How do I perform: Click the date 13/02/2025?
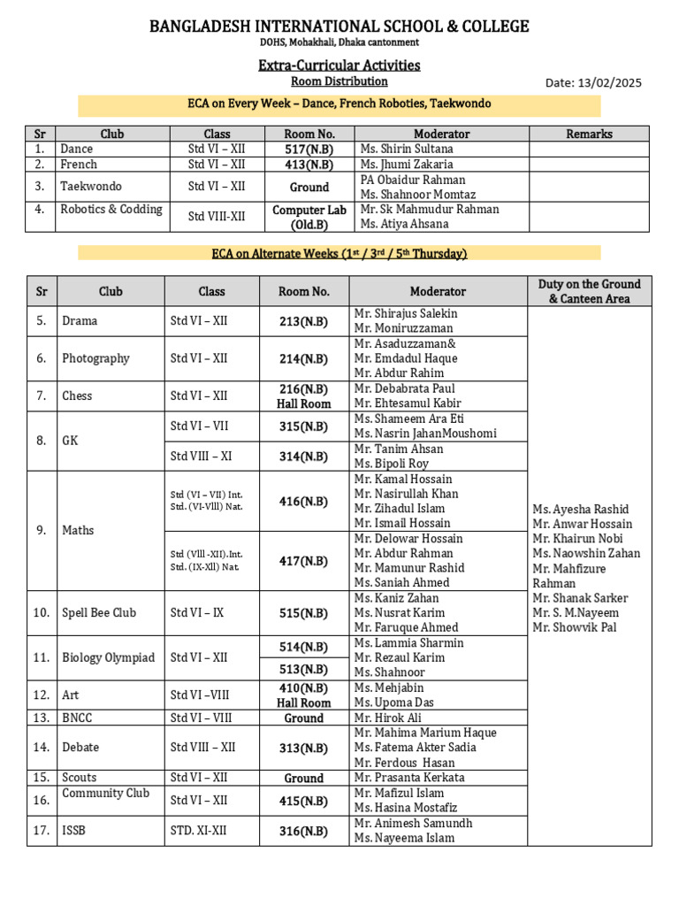pos(610,83)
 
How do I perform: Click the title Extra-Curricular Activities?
pos(339,65)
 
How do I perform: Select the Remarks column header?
pos(589,134)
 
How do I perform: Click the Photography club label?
pos(95,358)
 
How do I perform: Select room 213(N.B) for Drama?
pos(303,321)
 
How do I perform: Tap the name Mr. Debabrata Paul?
pos(404,388)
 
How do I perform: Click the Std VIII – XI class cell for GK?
pos(200,457)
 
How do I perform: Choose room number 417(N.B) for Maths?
pos(303,561)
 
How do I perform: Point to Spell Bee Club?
pos(99,612)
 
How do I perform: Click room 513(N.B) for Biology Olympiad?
pos(303,669)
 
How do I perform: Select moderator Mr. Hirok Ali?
pos(389,718)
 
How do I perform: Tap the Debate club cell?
pos(80,748)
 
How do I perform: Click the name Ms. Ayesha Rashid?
pos(580,509)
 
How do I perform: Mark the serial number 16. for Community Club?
pos(41,801)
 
